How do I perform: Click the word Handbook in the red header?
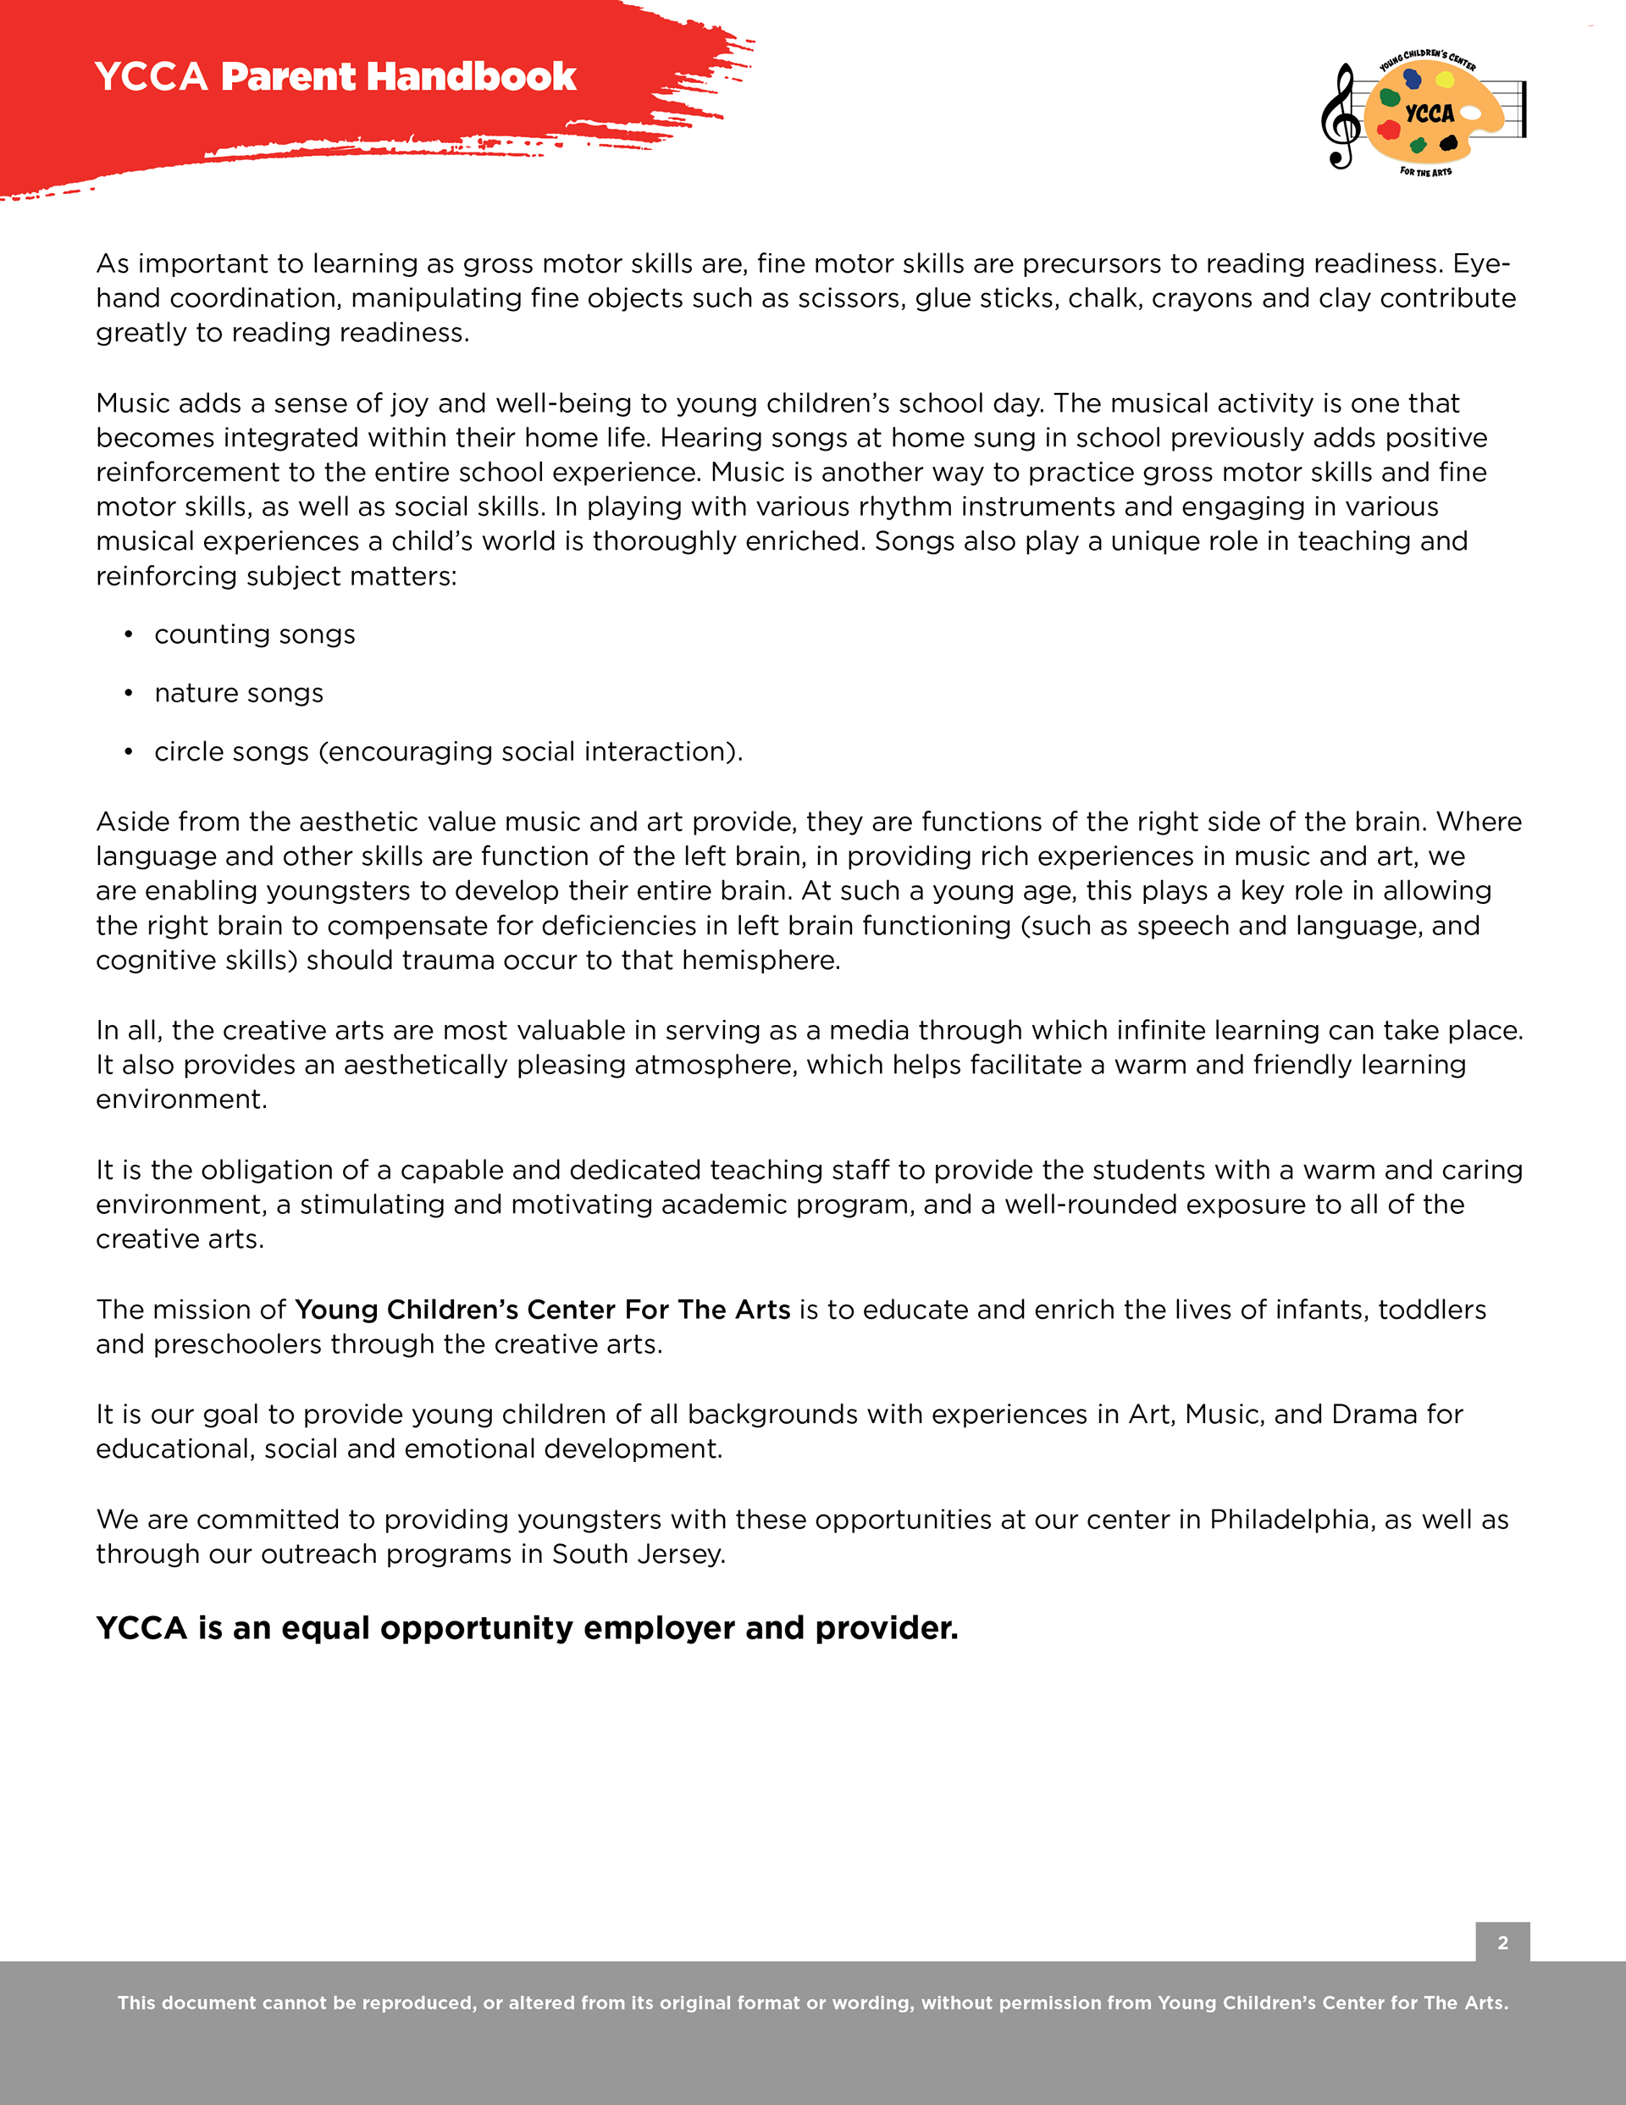(x=473, y=77)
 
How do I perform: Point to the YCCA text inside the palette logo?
(x=1430, y=114)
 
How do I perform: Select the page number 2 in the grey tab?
(x=1502, y=1943)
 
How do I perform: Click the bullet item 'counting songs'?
(x=254, y=634)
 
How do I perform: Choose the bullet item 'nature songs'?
(x=239, y=693)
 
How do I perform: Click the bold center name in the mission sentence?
(x=543, y=1310)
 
